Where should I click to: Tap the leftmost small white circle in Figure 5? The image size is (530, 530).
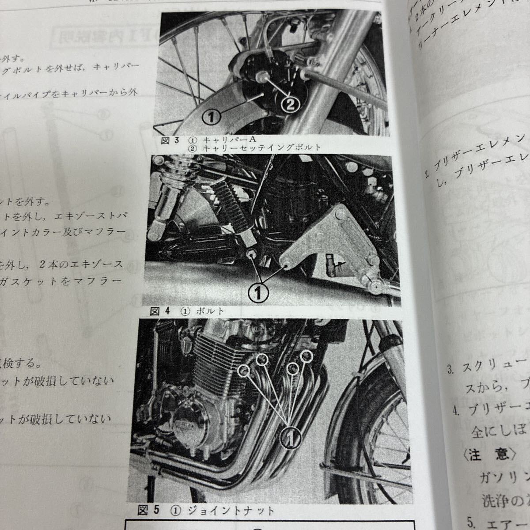pyautogui.click(x=243, y=371)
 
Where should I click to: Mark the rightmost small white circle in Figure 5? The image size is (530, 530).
pyautogui.click(x=306, y=355)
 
